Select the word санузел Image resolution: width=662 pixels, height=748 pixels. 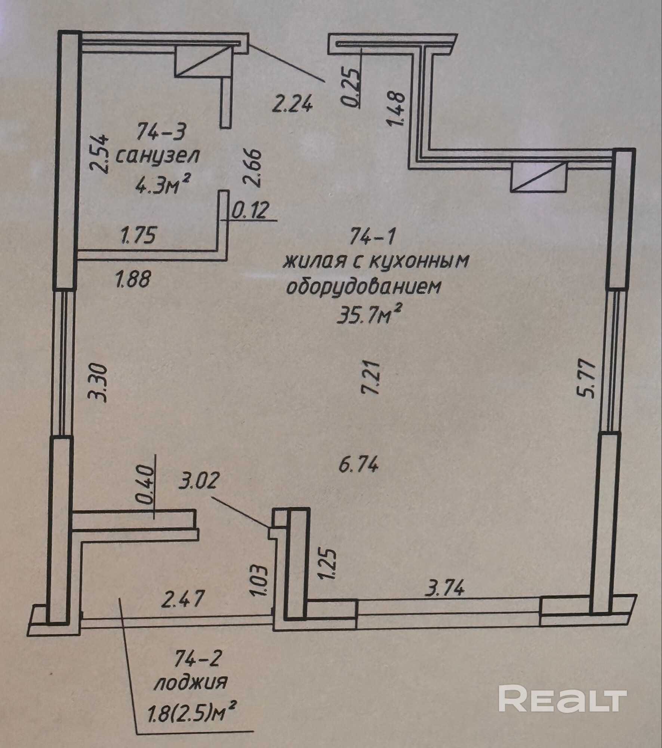157,156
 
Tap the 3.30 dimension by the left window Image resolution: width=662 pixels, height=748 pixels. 100,383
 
